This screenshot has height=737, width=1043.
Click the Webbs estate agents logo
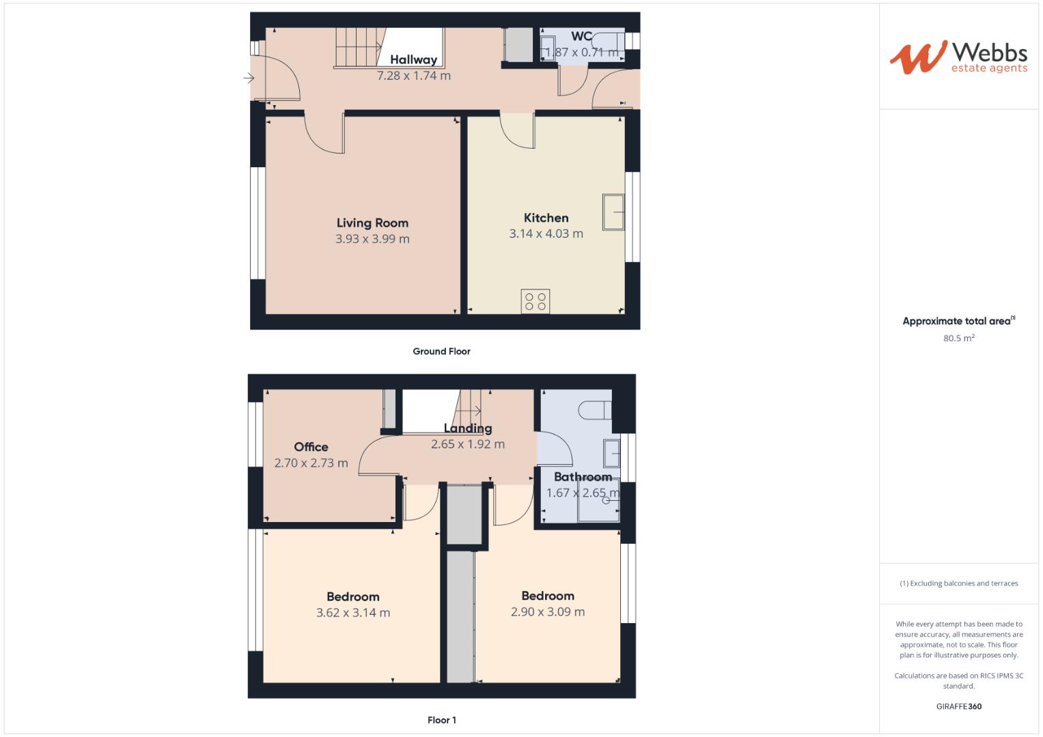click(958, 57)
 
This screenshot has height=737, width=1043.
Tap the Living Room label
click(372, 222)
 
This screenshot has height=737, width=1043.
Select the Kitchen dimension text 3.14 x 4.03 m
click(546, 234)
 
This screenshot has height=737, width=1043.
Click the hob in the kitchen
click(535, 302)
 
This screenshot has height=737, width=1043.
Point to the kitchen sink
click(613, 212)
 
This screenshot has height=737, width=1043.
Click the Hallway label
click(413, 60)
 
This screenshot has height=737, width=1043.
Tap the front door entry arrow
click(249, 78)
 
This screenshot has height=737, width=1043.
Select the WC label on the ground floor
click(581, 37)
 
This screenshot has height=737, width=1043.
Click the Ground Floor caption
click(441, 351)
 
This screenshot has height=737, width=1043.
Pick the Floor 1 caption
click(441, 720)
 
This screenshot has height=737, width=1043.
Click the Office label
click(311, 447)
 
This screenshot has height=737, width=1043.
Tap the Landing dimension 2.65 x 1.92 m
click(468, 444)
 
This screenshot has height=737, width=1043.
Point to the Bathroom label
click(583, 477)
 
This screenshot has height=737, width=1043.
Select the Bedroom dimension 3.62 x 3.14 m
click(353, 613)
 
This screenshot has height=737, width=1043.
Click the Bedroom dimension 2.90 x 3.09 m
click(548, 612)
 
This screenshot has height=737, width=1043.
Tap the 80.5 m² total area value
click(958, 338)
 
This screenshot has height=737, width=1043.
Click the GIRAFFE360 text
click(958, 706)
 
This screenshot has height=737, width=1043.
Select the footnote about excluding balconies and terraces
click(958, 583)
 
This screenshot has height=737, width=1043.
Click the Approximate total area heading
click(958, 321)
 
